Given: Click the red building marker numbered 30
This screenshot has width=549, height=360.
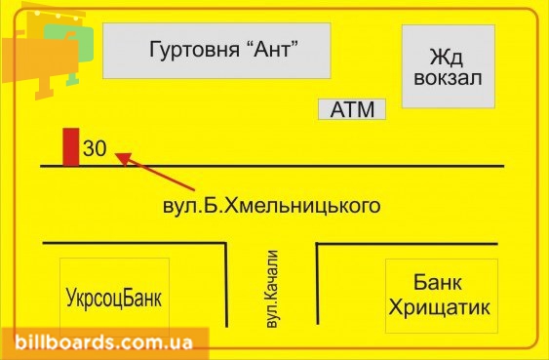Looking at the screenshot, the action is (71, 147).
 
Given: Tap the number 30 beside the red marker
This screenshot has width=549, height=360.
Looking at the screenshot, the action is (95, 148).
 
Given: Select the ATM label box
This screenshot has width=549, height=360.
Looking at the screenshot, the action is (352, 109).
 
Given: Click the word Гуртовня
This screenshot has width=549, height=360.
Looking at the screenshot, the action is (194, 50).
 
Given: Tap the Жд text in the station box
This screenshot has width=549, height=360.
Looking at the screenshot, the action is (447, 57).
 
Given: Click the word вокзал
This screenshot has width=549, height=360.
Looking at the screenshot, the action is (449, 78).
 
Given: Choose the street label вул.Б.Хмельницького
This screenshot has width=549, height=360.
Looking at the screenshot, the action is (271, 206).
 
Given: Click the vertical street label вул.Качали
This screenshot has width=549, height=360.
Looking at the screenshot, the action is (272, 289).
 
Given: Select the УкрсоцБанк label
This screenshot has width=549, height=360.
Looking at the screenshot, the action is (114, 298).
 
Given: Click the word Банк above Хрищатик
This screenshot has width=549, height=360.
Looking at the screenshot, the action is (438, 282).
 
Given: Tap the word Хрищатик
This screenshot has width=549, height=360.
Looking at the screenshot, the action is (440, 308).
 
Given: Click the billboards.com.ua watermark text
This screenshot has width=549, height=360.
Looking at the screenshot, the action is (103, 341).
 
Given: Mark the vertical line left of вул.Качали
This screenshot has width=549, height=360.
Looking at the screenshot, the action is (226, 285).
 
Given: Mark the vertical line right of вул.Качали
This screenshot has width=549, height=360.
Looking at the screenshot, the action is (318, 283).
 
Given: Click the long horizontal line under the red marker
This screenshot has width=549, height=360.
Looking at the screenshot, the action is (272, 166).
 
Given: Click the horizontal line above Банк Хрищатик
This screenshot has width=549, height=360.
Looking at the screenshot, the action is (407, 243).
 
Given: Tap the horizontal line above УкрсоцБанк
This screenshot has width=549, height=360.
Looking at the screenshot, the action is (135, 242).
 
